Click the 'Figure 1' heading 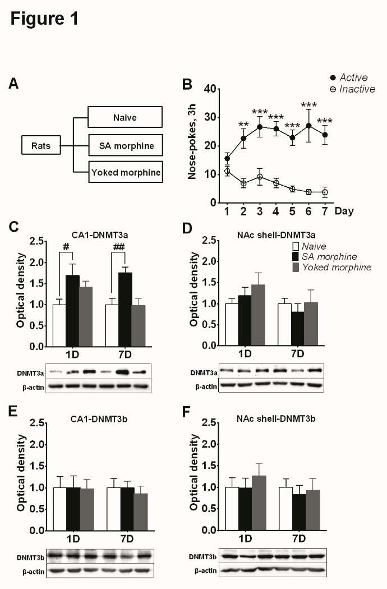click(44, 19)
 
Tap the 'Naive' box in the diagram click(125, 117)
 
